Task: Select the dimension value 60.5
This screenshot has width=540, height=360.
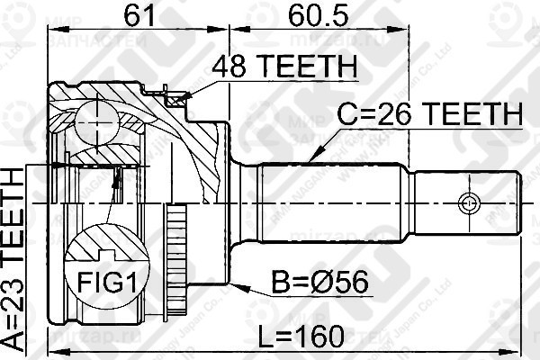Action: pos(315,16)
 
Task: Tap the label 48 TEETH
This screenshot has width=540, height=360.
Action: pos(283,67)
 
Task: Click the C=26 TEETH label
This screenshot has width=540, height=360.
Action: pos(429,114)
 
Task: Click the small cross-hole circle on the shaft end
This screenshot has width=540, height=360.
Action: pos(465,201)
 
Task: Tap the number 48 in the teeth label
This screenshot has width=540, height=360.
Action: pos(227,67)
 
